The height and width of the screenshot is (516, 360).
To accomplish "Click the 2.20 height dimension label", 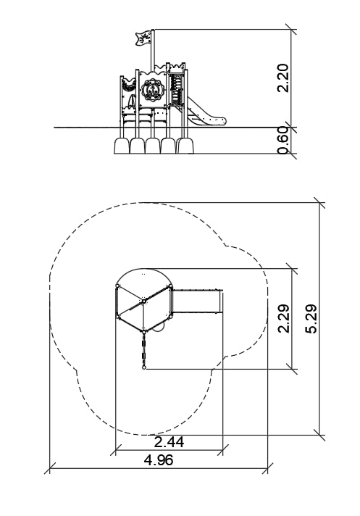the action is point(282,78).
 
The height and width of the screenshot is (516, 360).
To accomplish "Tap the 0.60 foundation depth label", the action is point(282,140).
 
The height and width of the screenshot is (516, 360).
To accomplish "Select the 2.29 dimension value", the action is point(283,319).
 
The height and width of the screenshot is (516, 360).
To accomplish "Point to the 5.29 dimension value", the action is point(311,319).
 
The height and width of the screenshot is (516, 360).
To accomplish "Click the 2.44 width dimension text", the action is point(169,442).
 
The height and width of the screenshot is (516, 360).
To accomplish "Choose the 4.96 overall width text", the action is point(159,459).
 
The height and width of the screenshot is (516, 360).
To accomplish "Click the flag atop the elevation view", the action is point(143,38).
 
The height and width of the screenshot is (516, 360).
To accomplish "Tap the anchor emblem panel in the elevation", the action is point(151,90).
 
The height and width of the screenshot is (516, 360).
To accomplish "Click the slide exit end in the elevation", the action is point(219,121).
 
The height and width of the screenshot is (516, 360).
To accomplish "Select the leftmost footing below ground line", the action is point(122,146).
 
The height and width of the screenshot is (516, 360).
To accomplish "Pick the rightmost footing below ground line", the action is point(185,146).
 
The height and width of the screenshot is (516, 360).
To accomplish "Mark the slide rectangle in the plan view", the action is point(198,301).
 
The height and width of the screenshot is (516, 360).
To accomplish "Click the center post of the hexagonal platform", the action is point(143,301).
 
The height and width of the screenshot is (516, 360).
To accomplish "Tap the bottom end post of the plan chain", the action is point(143,368).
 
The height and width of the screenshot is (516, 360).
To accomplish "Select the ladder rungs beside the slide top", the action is point(177,89).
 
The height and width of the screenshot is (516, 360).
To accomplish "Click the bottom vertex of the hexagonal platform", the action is point(143,332).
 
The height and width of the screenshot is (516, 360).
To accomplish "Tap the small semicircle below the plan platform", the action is point(158,328).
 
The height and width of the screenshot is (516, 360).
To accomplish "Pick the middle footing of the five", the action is point(154,146).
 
